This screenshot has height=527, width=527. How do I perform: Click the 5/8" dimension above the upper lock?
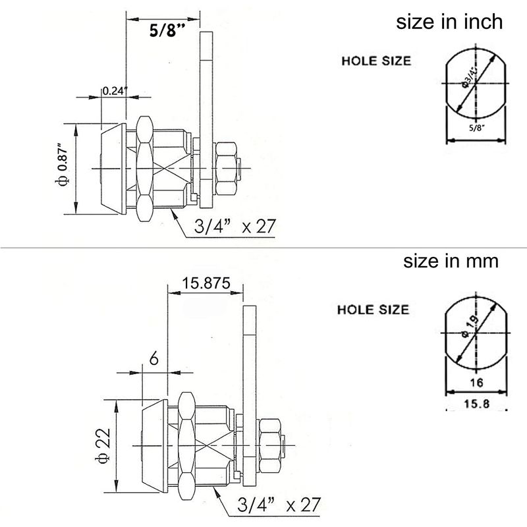click(163, 30)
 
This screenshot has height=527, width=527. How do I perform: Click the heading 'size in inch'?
click(449, 22)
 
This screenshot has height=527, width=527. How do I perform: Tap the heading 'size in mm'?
click(451, 261)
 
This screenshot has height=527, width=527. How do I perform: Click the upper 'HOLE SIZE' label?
click(375, 61)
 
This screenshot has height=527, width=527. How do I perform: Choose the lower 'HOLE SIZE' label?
click(373, 310)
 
